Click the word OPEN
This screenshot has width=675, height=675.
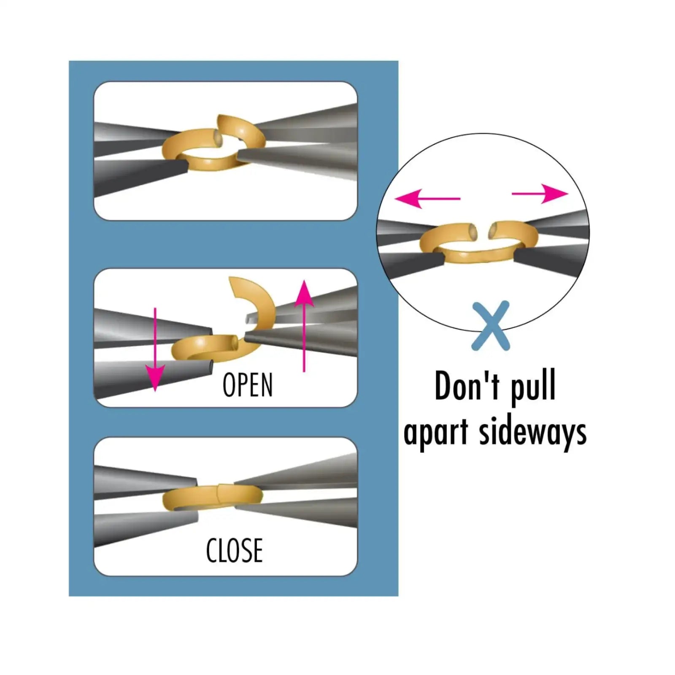248,385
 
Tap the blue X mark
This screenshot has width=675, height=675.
491,326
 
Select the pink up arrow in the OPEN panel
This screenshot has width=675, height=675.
304,325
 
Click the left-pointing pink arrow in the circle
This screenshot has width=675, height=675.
426,198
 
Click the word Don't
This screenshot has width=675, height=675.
467,386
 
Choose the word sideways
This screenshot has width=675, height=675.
532,432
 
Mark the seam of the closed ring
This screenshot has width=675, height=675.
218,492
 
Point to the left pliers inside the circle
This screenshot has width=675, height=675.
405,249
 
